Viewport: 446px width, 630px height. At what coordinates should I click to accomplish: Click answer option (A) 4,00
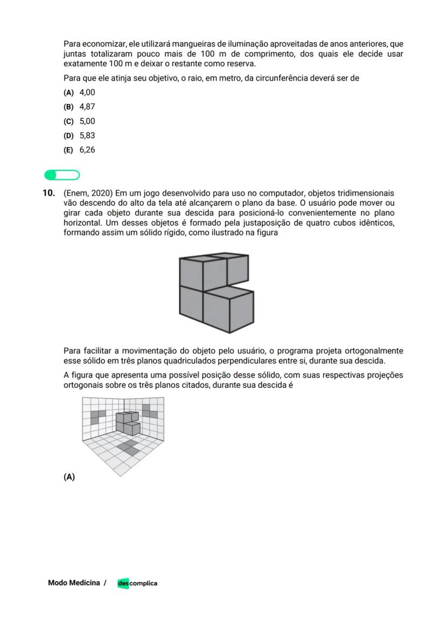pos(79,92)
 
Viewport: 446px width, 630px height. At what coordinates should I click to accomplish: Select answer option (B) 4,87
pos(79,107)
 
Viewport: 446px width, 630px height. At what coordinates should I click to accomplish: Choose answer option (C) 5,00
pos(79,121)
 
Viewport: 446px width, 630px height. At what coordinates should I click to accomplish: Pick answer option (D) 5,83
pos(79,136)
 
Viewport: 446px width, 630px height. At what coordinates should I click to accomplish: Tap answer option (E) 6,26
pos(79,150)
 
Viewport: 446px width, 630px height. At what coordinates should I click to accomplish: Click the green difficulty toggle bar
pos(62,175)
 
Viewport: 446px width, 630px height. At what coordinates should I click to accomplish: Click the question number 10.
pos(48,193)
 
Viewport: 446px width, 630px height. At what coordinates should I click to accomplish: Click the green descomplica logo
pos(137,583)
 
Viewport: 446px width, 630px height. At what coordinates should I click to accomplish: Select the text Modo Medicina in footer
pos(74,583)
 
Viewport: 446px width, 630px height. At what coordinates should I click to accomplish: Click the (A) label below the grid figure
pos(69,477)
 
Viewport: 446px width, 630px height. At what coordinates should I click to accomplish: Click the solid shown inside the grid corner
pos(128,423)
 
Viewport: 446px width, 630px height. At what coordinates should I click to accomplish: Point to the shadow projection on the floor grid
pos(128,446)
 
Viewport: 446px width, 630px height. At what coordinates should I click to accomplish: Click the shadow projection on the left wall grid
pos(99,416)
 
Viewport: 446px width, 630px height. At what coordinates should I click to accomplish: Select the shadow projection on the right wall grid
pos(149,411)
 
